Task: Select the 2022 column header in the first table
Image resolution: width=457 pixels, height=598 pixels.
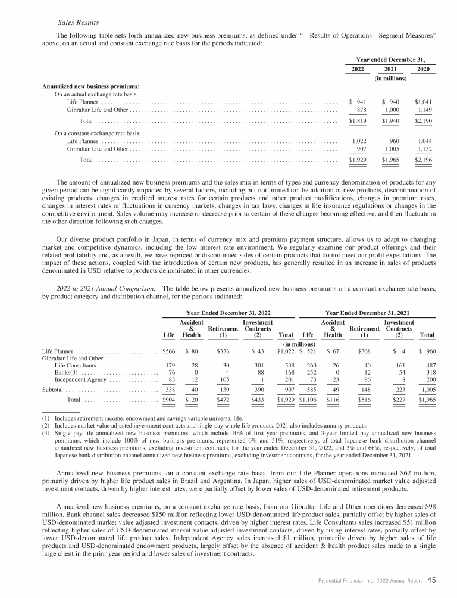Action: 357,69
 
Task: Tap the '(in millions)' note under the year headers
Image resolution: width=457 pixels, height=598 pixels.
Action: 390,78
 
